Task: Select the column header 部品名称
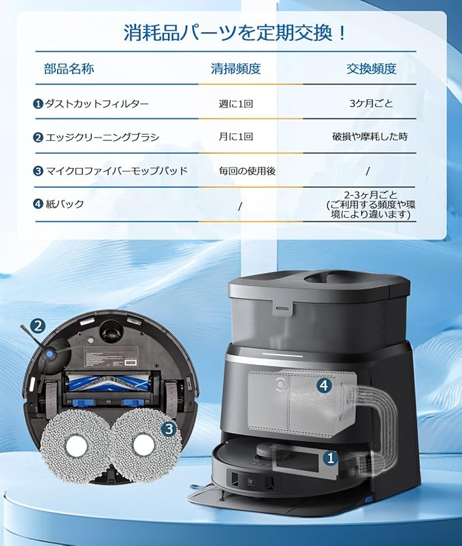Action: [69, 69]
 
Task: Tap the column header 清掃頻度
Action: [236, 69]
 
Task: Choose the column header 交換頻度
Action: [372, 69]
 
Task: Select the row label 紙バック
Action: [65, 204]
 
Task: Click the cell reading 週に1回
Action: [236, 104]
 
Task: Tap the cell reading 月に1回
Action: [236, 137]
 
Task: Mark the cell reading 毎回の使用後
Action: [247, 170]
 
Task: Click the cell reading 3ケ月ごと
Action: [371, 104]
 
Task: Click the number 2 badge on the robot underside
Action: [39, 326]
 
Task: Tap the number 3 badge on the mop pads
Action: [170, 428]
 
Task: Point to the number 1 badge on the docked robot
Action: [331, 458]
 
